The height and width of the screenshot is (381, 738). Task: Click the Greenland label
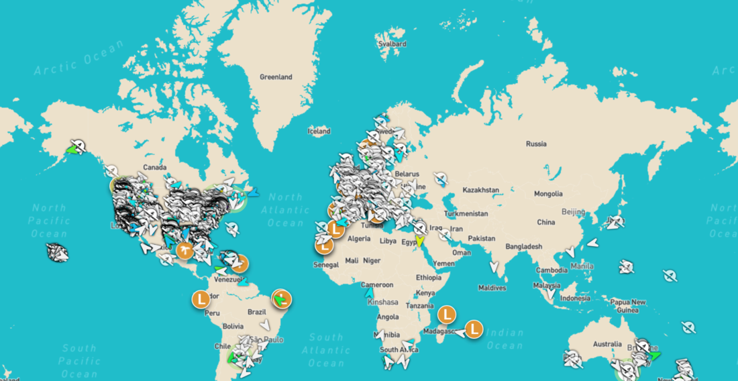tap(276, 77)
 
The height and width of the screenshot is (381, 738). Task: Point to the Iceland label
tap(319, 131)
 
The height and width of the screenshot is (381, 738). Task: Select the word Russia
tap(536, 144)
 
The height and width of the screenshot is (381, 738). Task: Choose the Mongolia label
tap(548, 195)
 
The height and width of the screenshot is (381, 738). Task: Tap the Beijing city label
tap(574, 211)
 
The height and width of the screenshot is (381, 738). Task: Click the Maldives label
tap(492, 288)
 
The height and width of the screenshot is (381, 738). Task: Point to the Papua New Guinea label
tap(628, 306)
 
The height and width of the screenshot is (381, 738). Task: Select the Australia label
tap(608, 344)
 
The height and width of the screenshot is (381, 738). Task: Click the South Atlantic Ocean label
tap(326, 350)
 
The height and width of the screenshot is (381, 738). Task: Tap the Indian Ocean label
tap(505, 339)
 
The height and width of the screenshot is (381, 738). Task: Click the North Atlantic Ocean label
tap(285, 209)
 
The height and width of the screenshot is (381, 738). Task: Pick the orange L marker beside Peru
tap(200, 298)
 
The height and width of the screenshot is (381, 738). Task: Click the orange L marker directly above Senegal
tap(324, 245)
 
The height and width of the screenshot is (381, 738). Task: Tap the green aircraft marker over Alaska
tap(70, 150)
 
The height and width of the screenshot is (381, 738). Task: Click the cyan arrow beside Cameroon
tap(368, 292)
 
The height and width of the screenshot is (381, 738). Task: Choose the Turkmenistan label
tap(468, 213)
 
